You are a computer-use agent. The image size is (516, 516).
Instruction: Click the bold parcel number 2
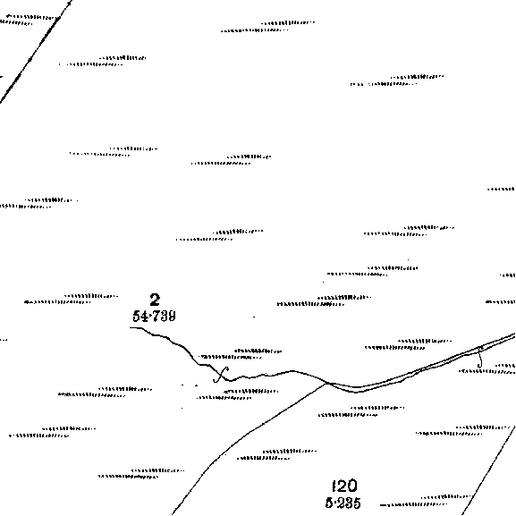(155, 300)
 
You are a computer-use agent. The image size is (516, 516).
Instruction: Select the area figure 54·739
(154, 317)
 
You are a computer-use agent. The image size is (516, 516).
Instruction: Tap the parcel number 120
(344, 486)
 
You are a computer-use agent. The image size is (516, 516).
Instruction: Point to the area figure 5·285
(343, 503)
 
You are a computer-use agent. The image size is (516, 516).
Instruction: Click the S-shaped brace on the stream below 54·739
(221, 375)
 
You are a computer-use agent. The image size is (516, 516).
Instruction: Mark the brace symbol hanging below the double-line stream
(480, 358)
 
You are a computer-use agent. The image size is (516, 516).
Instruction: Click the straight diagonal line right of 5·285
(489, 470)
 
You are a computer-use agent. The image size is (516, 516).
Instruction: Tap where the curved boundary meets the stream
(327, 383)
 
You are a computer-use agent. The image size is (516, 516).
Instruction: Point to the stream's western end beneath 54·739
(131, 328)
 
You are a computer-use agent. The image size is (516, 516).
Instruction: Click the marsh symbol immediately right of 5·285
(425, 501)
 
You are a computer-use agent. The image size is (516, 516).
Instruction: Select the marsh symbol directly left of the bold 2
(71, 299)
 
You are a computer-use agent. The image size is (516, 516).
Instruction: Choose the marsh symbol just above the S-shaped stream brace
(240, 354)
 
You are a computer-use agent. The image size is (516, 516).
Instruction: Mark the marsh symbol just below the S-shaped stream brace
(237, 394)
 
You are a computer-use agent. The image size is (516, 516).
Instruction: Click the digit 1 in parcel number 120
(334, 486)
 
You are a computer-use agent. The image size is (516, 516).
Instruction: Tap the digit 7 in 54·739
(156, 317)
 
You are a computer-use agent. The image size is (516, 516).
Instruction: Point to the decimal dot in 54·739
(150, 317)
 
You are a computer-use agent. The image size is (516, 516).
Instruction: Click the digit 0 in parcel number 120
(352, 486)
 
